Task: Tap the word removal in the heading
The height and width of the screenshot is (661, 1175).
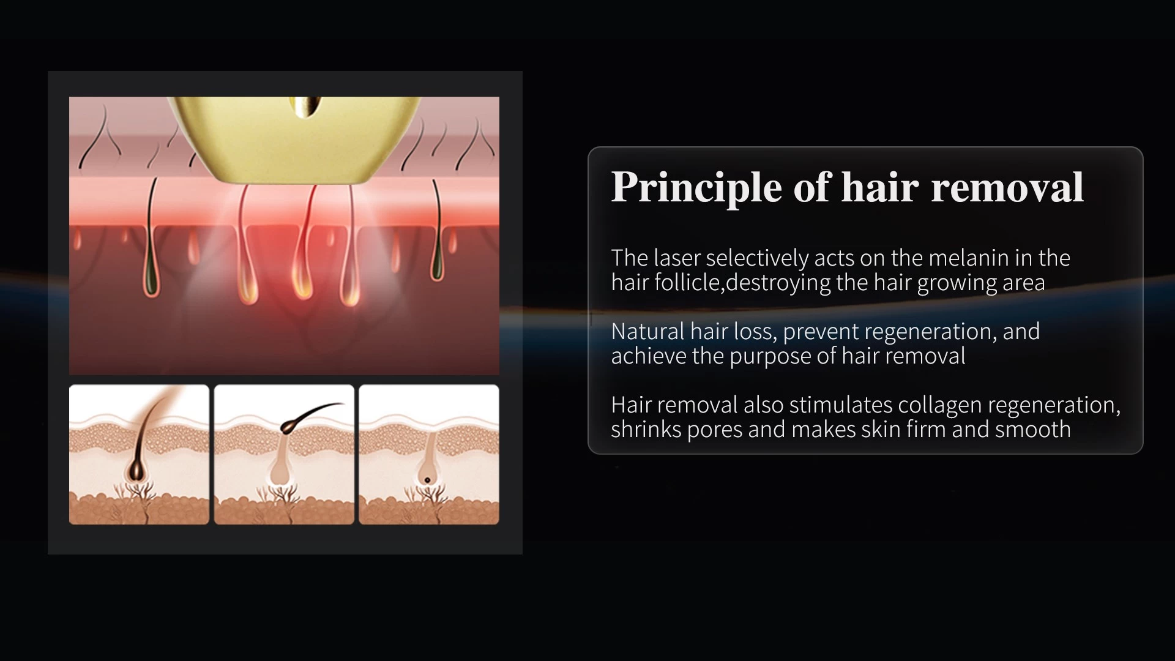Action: point(1007,187)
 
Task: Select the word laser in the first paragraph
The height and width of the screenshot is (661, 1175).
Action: point(677,258)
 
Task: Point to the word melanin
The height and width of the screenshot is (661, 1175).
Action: point(969,258)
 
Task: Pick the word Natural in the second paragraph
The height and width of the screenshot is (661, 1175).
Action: point(647,331)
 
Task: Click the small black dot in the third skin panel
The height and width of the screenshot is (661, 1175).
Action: point(427,480)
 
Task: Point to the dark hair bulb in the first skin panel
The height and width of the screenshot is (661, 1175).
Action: point(136,470)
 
